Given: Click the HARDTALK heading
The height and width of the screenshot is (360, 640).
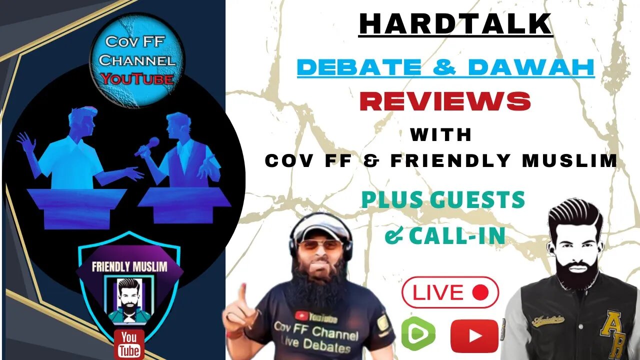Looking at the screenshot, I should tap(455, 24).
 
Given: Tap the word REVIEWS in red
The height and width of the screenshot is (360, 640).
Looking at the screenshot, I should tap(445, 101).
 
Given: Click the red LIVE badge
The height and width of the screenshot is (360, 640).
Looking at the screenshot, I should tap(450, 292).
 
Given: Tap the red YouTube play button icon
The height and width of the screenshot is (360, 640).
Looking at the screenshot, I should tap(474, 335).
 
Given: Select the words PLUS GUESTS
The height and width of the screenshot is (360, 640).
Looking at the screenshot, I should tap(442, 200).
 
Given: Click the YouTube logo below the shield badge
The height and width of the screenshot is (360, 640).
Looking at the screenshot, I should tap(128, 343).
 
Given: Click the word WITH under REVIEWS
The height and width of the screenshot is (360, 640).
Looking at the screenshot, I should tap(441, 134).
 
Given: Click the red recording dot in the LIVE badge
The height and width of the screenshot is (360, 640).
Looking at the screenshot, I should tap(480, 292).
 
